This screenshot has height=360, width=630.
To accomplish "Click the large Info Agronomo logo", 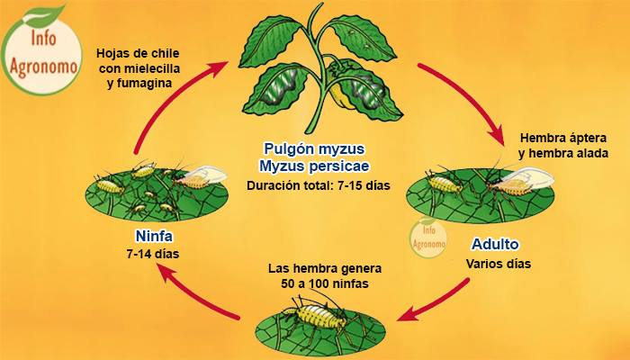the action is tap(43, 50).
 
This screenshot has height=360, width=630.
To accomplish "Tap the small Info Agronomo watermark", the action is tap(428, 237).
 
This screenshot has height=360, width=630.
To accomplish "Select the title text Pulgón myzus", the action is tap(314, 148).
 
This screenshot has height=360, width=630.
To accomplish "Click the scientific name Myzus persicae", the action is tap(314, 166).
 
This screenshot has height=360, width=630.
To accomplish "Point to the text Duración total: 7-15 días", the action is tap(319, 185).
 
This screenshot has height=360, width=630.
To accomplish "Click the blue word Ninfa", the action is tap(154, 236).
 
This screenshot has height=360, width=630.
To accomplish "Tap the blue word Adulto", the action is tap(495, 244).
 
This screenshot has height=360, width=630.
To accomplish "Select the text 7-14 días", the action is tap(153, 254).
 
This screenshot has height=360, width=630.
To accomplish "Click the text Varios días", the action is tap(499, 264).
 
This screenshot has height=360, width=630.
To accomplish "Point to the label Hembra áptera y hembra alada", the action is tap(562, 146).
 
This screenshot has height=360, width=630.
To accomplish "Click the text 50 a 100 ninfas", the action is tap(325, 283).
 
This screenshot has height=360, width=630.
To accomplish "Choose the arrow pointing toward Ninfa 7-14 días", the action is tap(197, 293).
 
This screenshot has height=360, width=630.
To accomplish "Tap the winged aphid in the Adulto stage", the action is tap(518, 183).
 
